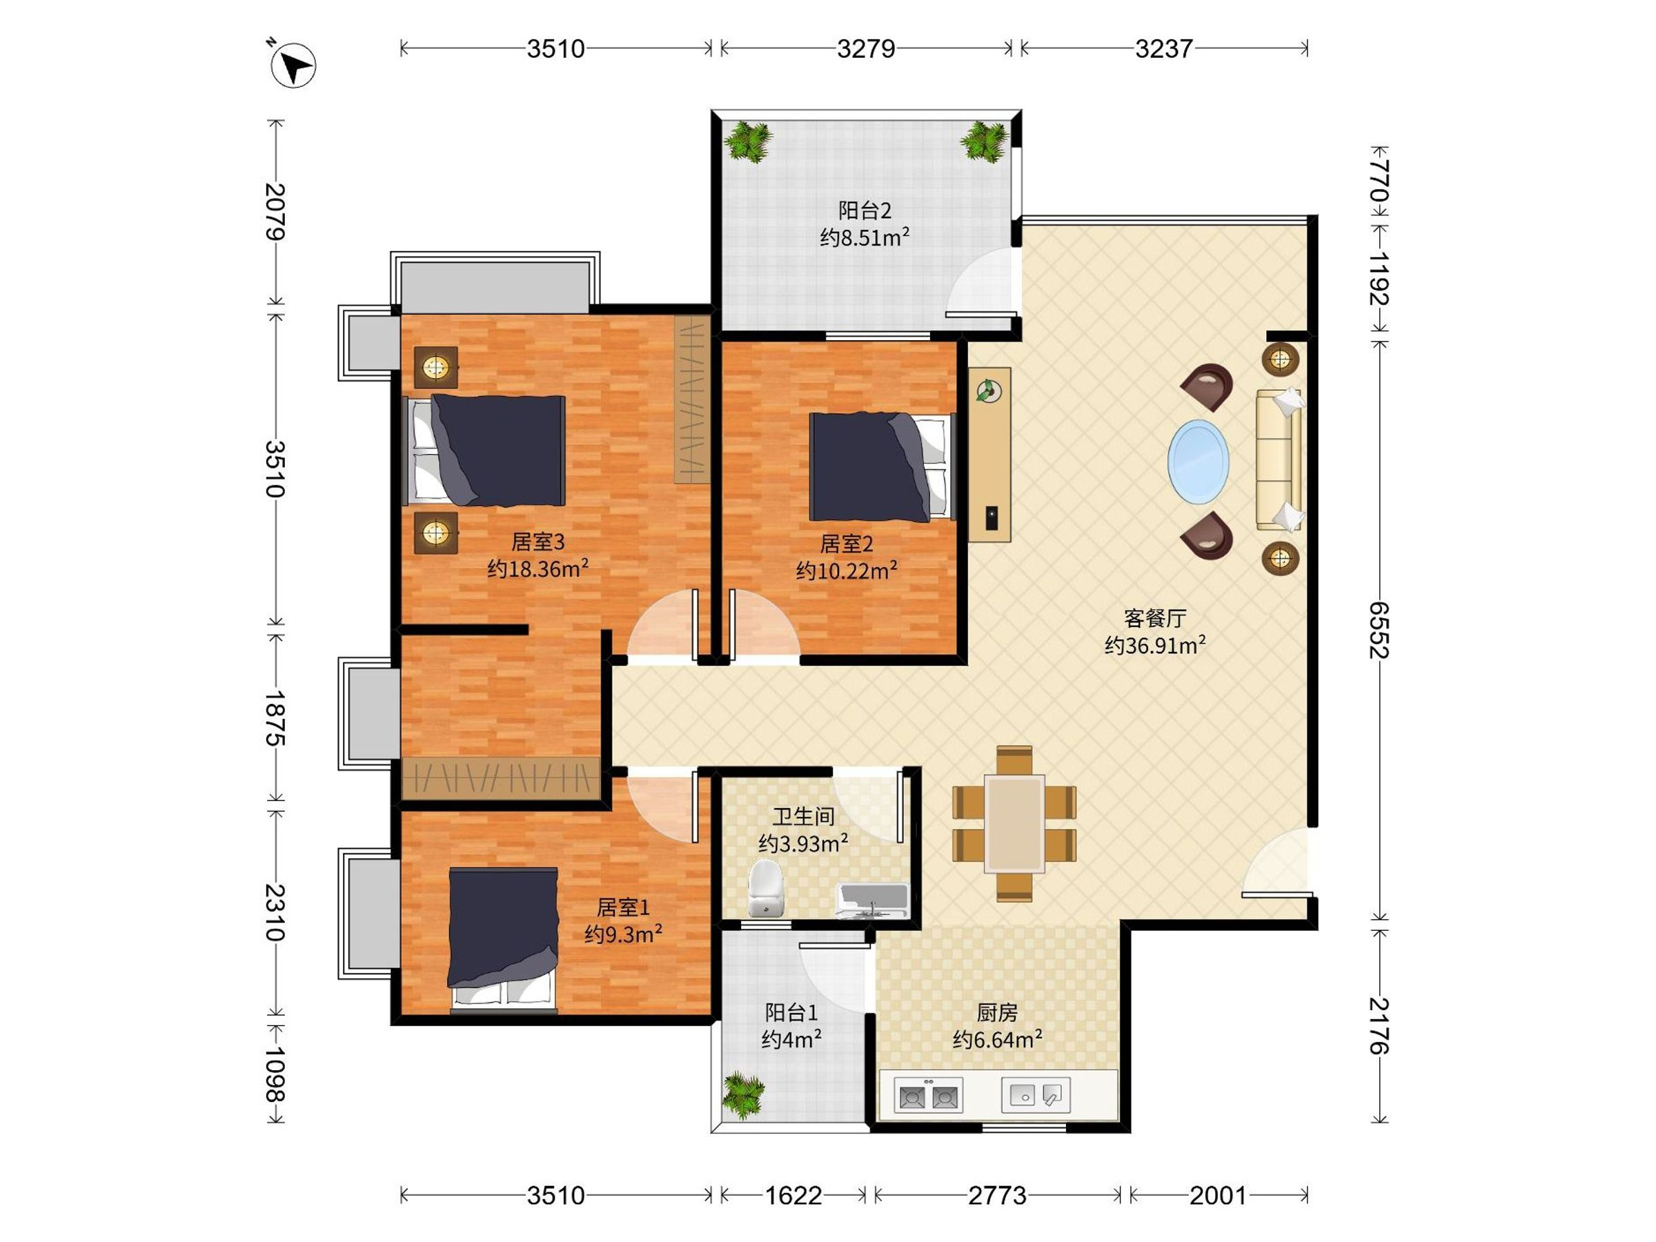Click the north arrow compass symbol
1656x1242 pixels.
tap(293, 65)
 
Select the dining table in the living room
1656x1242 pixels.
tap(1014, 823)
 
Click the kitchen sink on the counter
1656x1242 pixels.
tap(1036, 1094)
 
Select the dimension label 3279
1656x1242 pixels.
tap(866, 49)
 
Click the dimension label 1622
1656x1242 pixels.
tap(793, 1196)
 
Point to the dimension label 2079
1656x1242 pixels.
tap(275, 212)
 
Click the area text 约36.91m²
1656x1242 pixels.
tap(1155, 644)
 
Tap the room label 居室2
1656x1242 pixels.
tap(846, 544)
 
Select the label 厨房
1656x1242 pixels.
tap(997, 1013)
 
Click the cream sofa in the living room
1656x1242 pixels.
tap(1279, 460)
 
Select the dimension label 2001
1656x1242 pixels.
tap(1218, 1196)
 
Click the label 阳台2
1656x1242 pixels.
tap(865, 210)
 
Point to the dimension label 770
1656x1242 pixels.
tap(1379, 180)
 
